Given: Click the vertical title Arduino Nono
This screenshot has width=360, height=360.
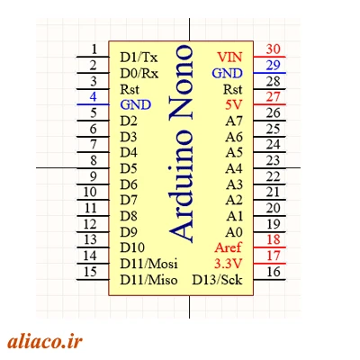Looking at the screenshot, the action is pyautogui.click(x=181, y=143).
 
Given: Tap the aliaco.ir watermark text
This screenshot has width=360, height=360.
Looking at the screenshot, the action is pyautogui.click(x=45, y=341).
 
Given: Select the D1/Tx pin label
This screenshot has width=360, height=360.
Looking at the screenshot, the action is pyautogui.click(x=139, y=57).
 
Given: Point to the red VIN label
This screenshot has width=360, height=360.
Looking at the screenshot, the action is pyautogui.click(x=229, y=57).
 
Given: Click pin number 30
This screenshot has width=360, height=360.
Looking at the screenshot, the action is pyautogui.click(x=273, y=49).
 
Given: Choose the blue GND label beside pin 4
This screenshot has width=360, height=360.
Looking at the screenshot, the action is pyautogui.click(x=136, y=105).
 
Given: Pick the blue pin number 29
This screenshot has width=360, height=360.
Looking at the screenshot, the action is pyautogui.click(x=273, y=65).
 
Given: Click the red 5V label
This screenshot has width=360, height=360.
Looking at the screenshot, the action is pyautogui.click(x=234, y=105).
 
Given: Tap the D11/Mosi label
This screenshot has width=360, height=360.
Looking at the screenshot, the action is pyautogui.click(x=148, y=264).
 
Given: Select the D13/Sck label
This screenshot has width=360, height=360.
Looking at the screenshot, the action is pyautogui.click(x=217, y=280).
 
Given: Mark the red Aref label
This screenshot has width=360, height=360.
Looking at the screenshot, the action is pyautogui.click(x=228, y=247).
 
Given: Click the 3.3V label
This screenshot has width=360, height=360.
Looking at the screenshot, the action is pyautogui.click(x=228, y=264).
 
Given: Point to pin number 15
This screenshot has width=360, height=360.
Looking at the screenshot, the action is pyautogui.click(x=90, y=272).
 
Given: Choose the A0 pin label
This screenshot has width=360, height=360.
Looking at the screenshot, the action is pyautogui.click(x=234, y=232).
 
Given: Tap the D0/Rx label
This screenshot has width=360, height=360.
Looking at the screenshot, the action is pyautogui.click(x=139, y=73).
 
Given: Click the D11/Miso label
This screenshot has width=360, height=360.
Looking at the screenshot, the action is pyautogui.click(x=148, y=280).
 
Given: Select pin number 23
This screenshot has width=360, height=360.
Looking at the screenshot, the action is pyautogui.click(x=273, y=160).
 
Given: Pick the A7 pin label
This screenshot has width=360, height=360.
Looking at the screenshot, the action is pyautogui.click(x=234, y=121).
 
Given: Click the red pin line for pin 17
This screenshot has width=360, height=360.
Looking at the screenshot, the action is pyautogui.click(x=269, y=264).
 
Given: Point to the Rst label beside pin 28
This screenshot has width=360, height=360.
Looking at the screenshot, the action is pyautogui.click(x=233, y=89).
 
